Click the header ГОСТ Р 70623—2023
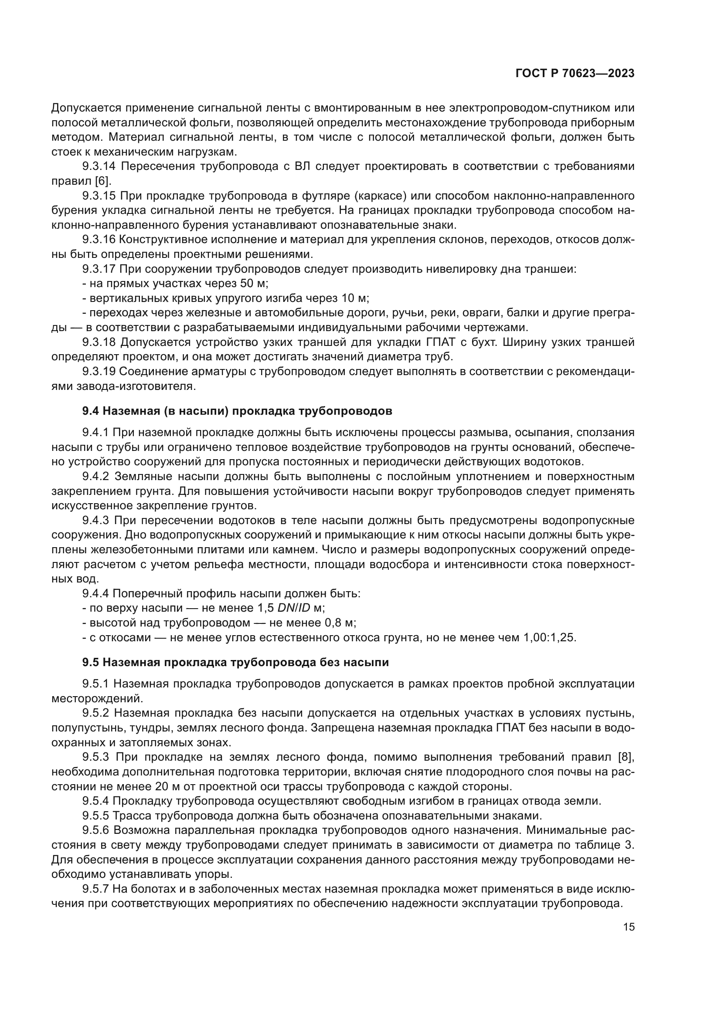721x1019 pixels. (x=575, y=74)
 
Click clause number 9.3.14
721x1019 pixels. (x=99, y=166)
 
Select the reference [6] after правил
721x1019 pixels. (x=103, y=181)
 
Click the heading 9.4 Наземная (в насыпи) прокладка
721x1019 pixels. (x=237, y=411)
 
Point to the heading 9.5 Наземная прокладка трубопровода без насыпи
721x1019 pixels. (x=235, y=663)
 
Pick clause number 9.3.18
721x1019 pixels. (x=99, y=342)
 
